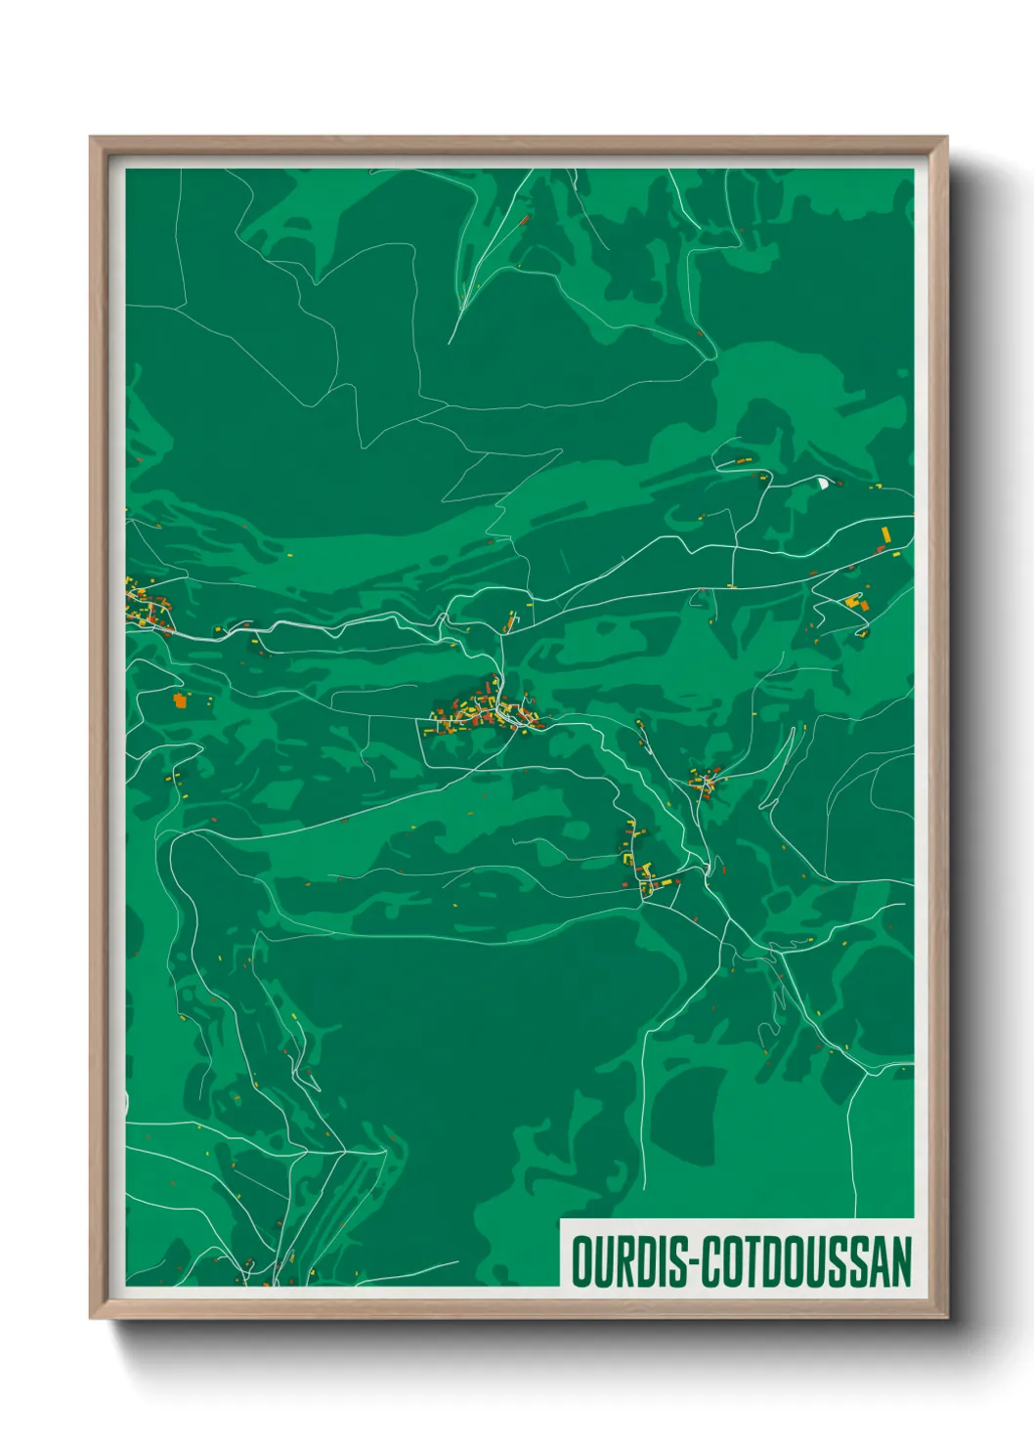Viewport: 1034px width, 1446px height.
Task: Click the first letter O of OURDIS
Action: pos(581,1260)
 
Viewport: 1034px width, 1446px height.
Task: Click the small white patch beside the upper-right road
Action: pos(822,481)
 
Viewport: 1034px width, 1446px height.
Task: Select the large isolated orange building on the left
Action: pos(180,700)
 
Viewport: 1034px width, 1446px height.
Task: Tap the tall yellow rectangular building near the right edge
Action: pos(886,534)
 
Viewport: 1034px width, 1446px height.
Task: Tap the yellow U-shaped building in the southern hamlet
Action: pos(646,868)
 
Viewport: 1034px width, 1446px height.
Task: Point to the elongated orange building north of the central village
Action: pos(510,619)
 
